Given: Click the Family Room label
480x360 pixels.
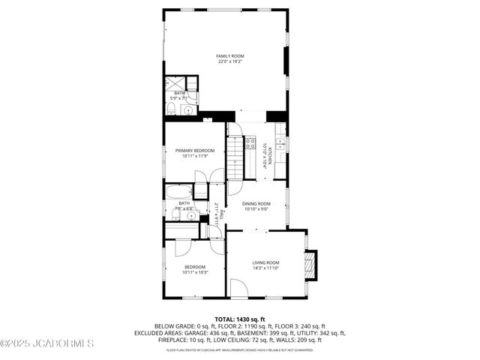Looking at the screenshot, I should point(230,56).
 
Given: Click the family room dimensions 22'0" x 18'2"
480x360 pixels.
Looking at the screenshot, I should point(230,61).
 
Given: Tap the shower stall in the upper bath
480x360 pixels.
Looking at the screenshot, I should point(175,82).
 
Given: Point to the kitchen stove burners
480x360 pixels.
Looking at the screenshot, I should point(250,142).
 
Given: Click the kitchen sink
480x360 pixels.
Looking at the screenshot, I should point(280,142).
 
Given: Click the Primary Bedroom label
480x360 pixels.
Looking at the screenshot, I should point(195,151).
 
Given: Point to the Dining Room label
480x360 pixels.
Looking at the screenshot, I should point(256,203).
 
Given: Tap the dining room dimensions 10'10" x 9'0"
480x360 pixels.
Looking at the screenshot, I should point(256,208).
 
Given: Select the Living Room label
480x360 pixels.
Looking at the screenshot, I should point(265,262).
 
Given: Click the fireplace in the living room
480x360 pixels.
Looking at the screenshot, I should point(308,264).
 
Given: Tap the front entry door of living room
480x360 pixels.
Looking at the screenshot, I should point(238,287).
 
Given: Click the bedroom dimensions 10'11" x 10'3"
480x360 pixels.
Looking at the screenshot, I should point(194,272).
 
